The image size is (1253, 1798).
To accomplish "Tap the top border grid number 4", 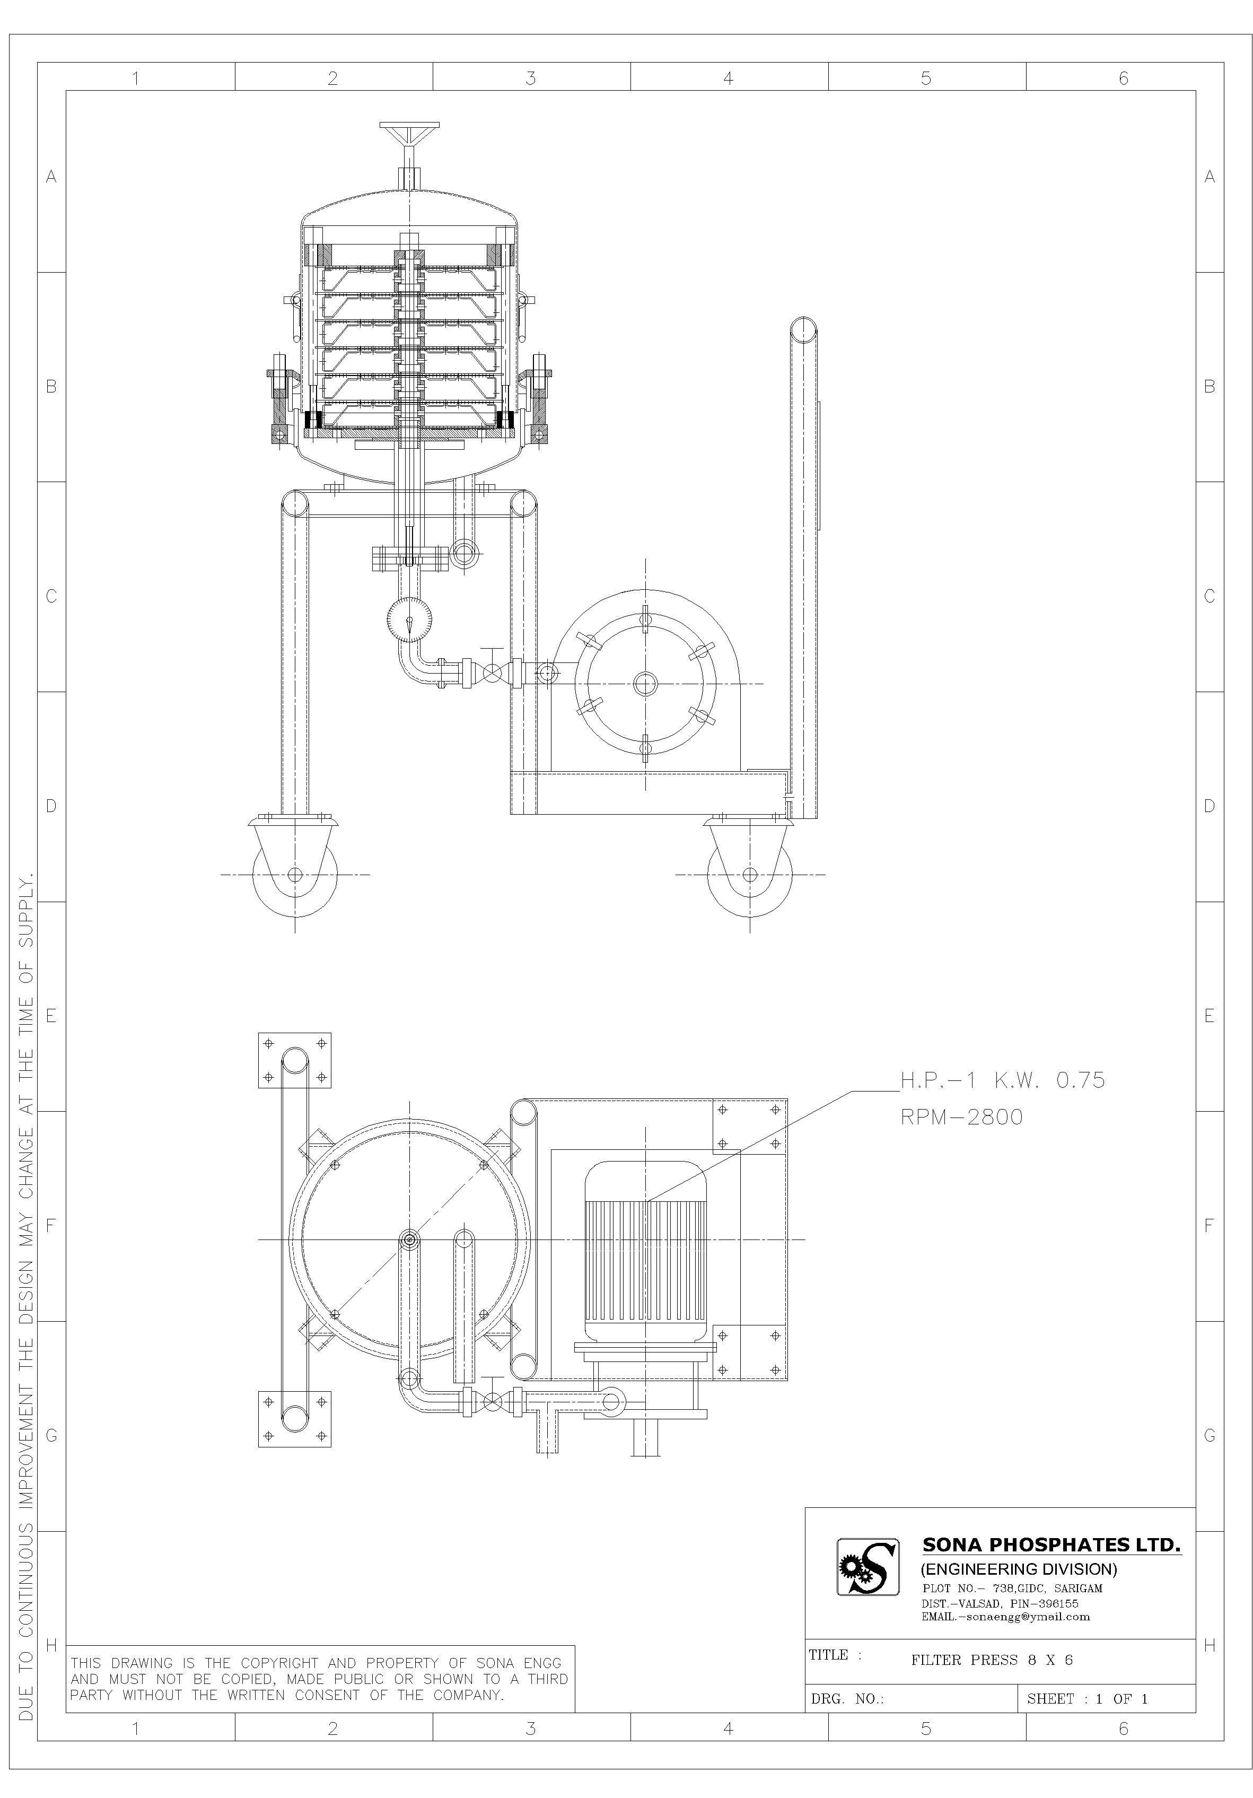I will [728, 78].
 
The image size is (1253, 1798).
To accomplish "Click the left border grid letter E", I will [51, 1016].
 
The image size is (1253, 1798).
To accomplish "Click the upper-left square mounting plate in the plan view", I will [294, 1060].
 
